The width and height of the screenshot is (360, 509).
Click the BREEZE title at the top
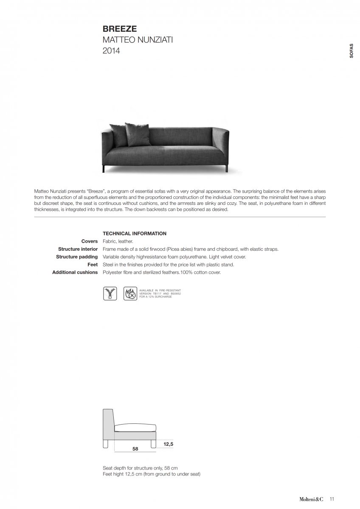pos(120,29)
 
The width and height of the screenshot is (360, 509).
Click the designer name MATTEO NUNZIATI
pos(138,40)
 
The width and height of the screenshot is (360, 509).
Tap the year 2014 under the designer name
pos(111,51)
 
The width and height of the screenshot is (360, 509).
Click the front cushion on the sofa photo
pos(138,135)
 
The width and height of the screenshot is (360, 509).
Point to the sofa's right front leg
pos(227,169)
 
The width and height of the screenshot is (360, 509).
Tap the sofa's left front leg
pos(104,169)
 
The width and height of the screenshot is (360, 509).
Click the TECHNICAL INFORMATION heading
pos(135,234)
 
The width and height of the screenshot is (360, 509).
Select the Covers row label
pos(90,241)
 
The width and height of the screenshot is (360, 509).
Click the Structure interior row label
pos(78,249)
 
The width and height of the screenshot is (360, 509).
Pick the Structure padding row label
pos(77,257)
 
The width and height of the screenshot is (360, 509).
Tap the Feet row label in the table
pos(93,265)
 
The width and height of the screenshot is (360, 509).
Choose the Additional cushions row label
pos(75,272)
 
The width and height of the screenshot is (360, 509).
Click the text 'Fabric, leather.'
pos(118,241)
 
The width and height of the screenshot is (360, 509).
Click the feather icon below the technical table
pos(110,294)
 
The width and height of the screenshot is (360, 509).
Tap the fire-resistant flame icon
pos(130,294)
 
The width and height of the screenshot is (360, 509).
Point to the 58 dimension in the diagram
pos(135,449)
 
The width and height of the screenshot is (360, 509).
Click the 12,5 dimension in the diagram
pos(168,444)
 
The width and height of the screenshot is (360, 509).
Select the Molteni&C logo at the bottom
pos(311,499)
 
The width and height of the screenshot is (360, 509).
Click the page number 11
pos(332,499)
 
